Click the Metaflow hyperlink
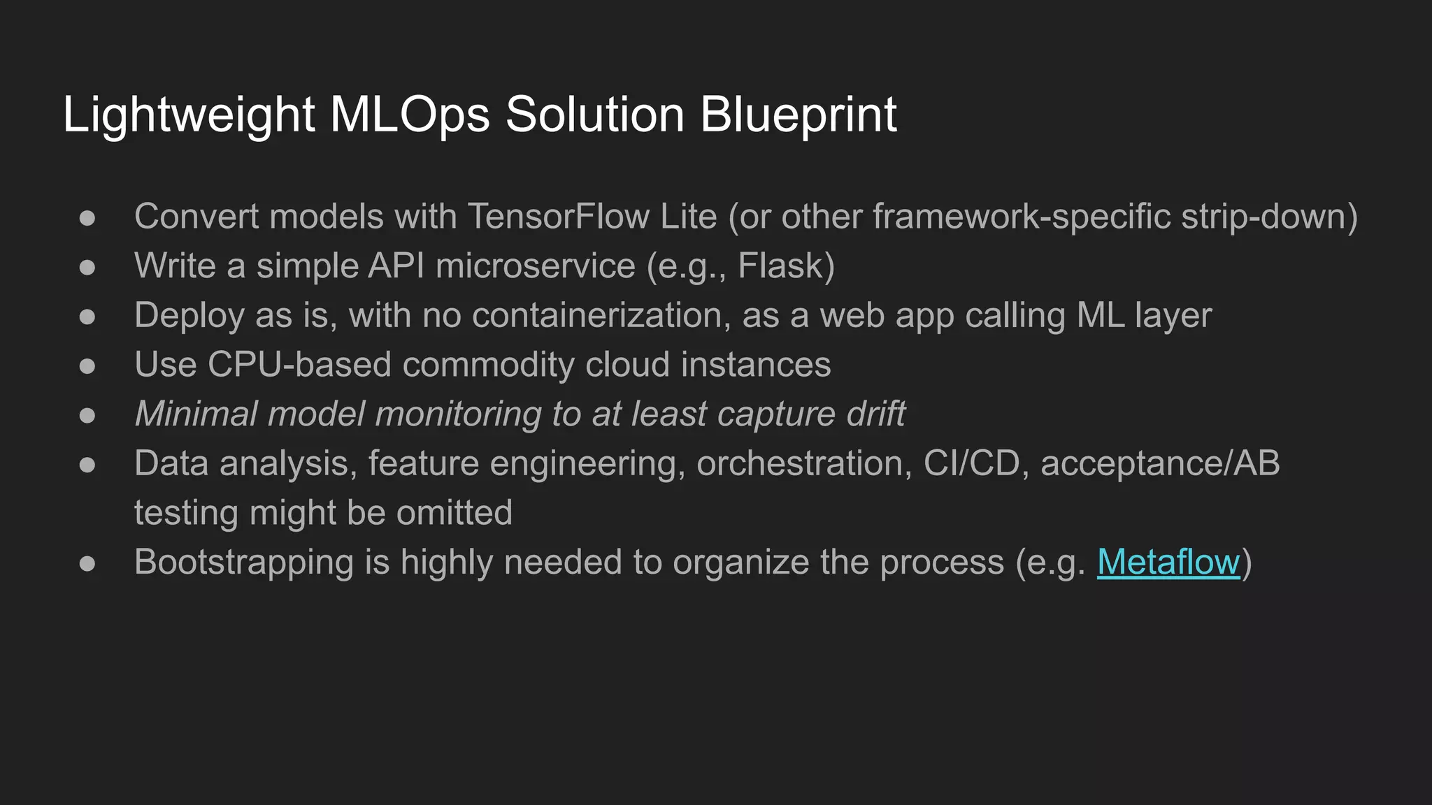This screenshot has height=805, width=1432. [x=1168, y=562]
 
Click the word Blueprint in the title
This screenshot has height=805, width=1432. [x=798, y=115]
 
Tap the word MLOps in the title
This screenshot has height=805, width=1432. [x=409, y=115]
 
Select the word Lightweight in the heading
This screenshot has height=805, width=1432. [x=189, y=115]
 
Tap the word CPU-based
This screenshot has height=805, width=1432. [x=299, y=365]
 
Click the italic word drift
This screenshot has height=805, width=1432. [x=875, y=414]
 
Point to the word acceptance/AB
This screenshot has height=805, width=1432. [x=1160, y=463]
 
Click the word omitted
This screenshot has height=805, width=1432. [x=454, y=513]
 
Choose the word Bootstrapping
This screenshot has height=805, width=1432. [x=244, y=563]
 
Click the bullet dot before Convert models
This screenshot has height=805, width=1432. [x=87, y=217]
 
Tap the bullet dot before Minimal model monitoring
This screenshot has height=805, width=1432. [x=87, y=415]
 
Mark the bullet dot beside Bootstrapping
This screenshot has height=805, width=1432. [x=87, y=563]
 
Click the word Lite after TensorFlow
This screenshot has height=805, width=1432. [x=689, y=217]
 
